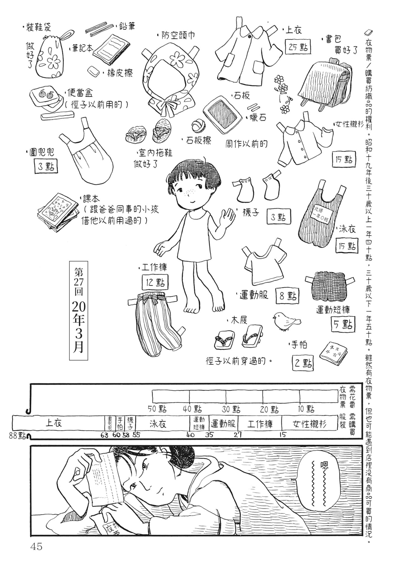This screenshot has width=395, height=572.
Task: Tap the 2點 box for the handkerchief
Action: pos(303,363)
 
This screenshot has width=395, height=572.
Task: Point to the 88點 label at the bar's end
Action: pos(17,436)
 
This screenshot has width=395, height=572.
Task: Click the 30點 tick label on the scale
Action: pos(231,409)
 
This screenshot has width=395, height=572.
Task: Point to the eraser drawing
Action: pos(93,71)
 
